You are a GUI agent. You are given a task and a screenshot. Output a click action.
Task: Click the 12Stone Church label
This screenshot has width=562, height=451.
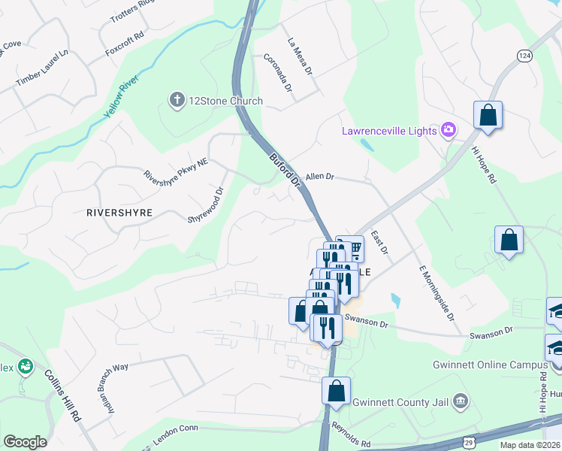coord(225,101)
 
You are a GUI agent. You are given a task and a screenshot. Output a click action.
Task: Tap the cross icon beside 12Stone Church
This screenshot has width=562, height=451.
coord(177,101)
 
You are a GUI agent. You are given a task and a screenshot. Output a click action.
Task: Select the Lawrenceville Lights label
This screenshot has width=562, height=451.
coord(389,131)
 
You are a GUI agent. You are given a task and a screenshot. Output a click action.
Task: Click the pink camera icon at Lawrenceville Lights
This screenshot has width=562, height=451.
coord(449,130)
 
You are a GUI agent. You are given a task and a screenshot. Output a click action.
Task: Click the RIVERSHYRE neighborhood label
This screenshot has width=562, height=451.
coord(119,213)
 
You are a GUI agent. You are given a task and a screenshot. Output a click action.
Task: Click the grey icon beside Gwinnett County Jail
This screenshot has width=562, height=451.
coord(461,400)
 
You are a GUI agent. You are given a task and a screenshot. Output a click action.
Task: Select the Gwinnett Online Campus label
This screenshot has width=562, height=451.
coord(490,365)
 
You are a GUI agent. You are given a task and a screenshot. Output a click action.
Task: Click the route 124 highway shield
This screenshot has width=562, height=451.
coord(524,55)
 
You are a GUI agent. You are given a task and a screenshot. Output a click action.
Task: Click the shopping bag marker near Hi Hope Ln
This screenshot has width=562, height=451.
coord(488,116)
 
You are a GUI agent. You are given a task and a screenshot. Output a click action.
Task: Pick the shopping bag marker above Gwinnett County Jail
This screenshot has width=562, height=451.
coord(336,392)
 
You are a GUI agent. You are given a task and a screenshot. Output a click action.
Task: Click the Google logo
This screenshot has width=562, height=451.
coord(25,441)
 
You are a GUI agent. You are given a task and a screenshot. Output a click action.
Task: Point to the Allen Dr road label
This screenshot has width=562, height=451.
coord(319,176)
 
